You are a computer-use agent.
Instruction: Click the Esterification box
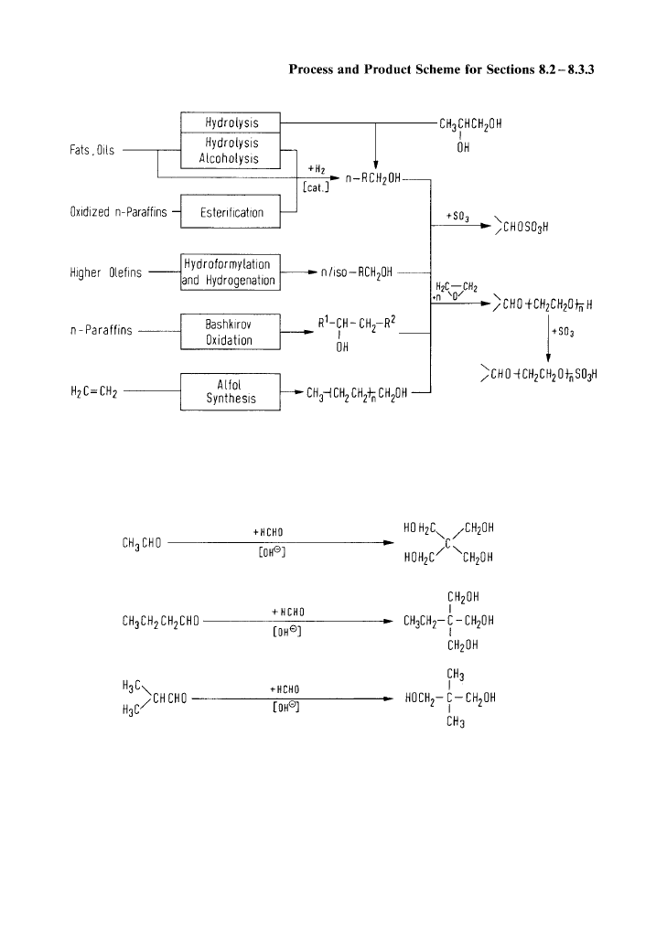[231, 212]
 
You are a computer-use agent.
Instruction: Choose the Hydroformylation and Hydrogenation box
[229, 272]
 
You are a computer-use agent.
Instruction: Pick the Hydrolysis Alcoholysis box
[231, 151]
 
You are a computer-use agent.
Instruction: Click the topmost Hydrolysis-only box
[231, 123]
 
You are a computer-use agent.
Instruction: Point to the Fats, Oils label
[92, 151]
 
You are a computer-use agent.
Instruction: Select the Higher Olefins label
[105, 272]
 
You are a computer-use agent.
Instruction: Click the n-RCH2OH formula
[371, 180]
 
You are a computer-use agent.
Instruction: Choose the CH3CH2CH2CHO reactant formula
[159, 622]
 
